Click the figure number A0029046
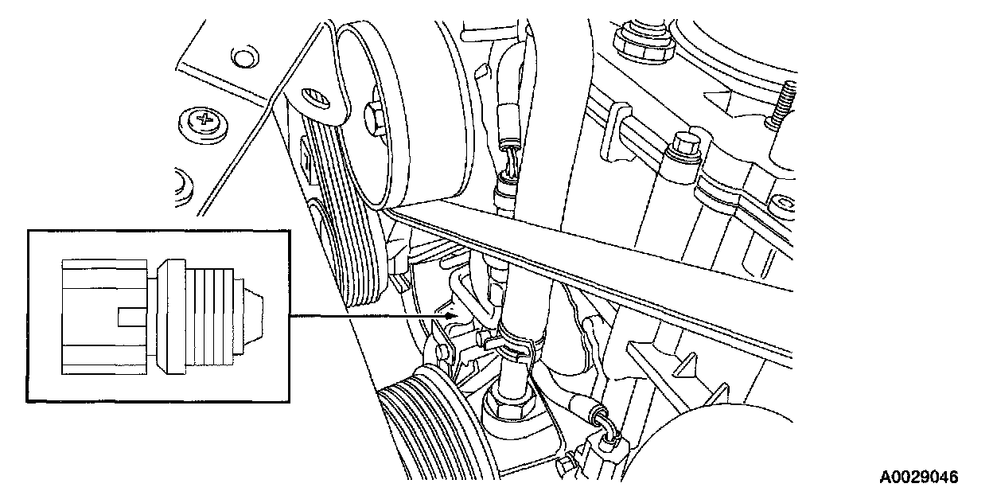click(918, 478)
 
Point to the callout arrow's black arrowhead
click(451, 316)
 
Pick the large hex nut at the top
click(644, 41)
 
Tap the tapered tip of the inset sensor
click(254, 316)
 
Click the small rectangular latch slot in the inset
click(131, 317)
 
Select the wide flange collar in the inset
click(171, 317)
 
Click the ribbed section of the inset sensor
click(209, 317)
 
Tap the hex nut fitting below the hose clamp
click(510, 401)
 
